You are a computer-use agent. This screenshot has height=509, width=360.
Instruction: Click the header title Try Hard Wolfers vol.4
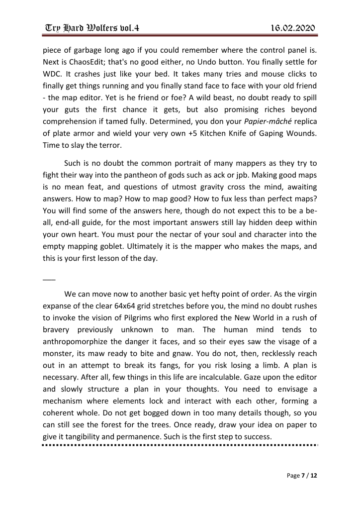pos(90,27)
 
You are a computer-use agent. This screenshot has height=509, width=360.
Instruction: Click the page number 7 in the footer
pos(301,476)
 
